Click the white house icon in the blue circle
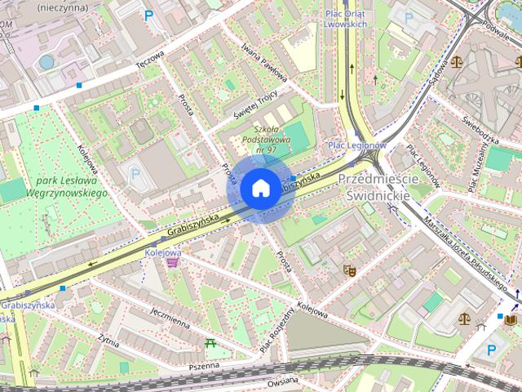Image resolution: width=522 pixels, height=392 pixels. (x=259, y=189)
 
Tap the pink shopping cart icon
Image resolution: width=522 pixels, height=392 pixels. (x=171, y=262)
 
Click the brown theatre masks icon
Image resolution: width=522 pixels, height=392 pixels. (x=350, y=270)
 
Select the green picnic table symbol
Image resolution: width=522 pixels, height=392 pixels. (x=211, y=344)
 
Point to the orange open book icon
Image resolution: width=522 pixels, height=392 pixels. (x=511, y=319)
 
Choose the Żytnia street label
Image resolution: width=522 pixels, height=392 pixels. (x=107, y=340)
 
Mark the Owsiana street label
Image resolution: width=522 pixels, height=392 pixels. (x=282, y=383)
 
